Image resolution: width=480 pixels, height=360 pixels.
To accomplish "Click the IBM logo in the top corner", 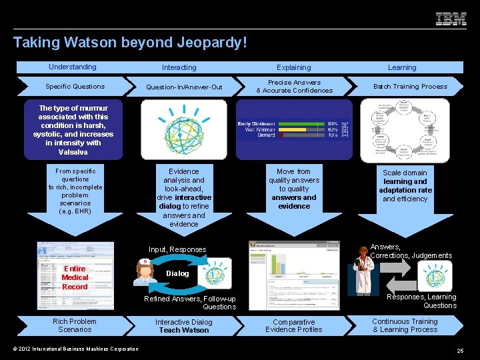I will click(451, 19).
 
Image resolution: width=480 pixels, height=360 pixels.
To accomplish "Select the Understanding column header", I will click(72, 67).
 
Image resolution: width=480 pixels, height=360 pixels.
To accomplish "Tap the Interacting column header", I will click(179, 67).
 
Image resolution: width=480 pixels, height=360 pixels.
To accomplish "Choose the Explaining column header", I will click(294, 67).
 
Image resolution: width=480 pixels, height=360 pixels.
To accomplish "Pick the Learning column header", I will click(402, 67).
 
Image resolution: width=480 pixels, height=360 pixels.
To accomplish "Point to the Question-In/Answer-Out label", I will click(184, 87).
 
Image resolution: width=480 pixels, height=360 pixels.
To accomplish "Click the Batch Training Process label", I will click(410, 87).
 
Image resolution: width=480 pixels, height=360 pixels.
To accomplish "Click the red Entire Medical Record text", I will click(75, 277).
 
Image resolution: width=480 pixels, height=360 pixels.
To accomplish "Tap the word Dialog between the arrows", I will click(177, 273).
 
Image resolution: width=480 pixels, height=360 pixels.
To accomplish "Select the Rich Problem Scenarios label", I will click(75, 325).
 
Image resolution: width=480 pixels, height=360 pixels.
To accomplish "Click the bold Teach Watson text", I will click(184, 330).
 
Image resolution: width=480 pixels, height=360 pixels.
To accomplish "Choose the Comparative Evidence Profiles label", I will click(293, 325).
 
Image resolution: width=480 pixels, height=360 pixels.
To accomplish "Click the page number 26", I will click(460, 351).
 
